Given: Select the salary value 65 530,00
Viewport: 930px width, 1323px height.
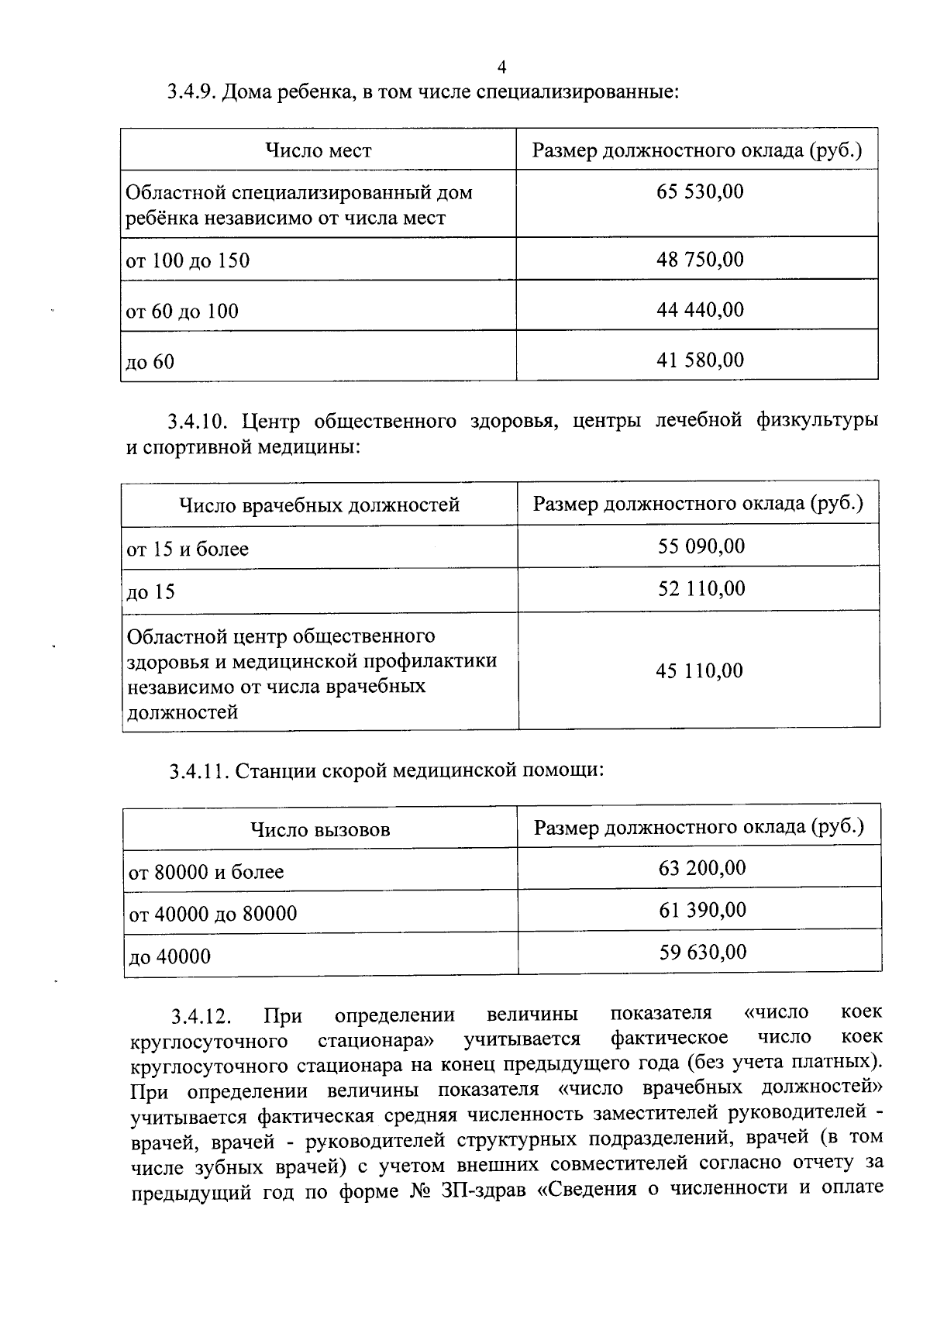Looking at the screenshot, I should click(700, 191).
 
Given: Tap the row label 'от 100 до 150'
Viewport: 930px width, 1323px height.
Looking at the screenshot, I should click(188, 260).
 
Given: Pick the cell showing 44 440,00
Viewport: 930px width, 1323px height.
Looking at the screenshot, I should click(700, 310).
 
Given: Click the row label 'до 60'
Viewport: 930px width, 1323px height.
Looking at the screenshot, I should click(150, 362).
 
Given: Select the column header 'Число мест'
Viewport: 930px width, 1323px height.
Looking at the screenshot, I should click(319, 150).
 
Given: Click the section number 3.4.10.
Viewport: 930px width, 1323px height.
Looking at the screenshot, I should click(196, 422).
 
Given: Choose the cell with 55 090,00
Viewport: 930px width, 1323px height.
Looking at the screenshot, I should click(701, 546).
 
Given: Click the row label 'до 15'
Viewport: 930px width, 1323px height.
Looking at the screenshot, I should click(151, 593).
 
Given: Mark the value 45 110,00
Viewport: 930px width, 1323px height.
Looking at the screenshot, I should click(700, 671).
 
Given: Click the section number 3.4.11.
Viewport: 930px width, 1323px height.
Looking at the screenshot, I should click(198, 771).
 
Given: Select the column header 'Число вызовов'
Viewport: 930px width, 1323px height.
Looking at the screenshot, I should click(320, 830).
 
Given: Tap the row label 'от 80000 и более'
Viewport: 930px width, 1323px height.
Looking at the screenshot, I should click(207, 873).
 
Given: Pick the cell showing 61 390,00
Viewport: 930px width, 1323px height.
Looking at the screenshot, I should click(703, 910).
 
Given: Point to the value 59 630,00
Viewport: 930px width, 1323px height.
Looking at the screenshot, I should click(703, 952).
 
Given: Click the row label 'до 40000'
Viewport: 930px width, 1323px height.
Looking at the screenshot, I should click(170, 957).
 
